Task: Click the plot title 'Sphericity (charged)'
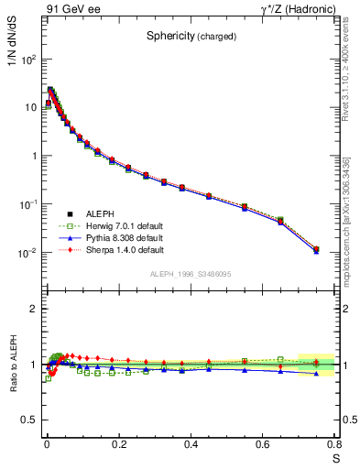click(x=191, y=37)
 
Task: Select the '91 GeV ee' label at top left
click(x=69, y=9)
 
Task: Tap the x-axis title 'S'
click(x=335, y=458)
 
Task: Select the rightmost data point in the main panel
click(x=316, y=249)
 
